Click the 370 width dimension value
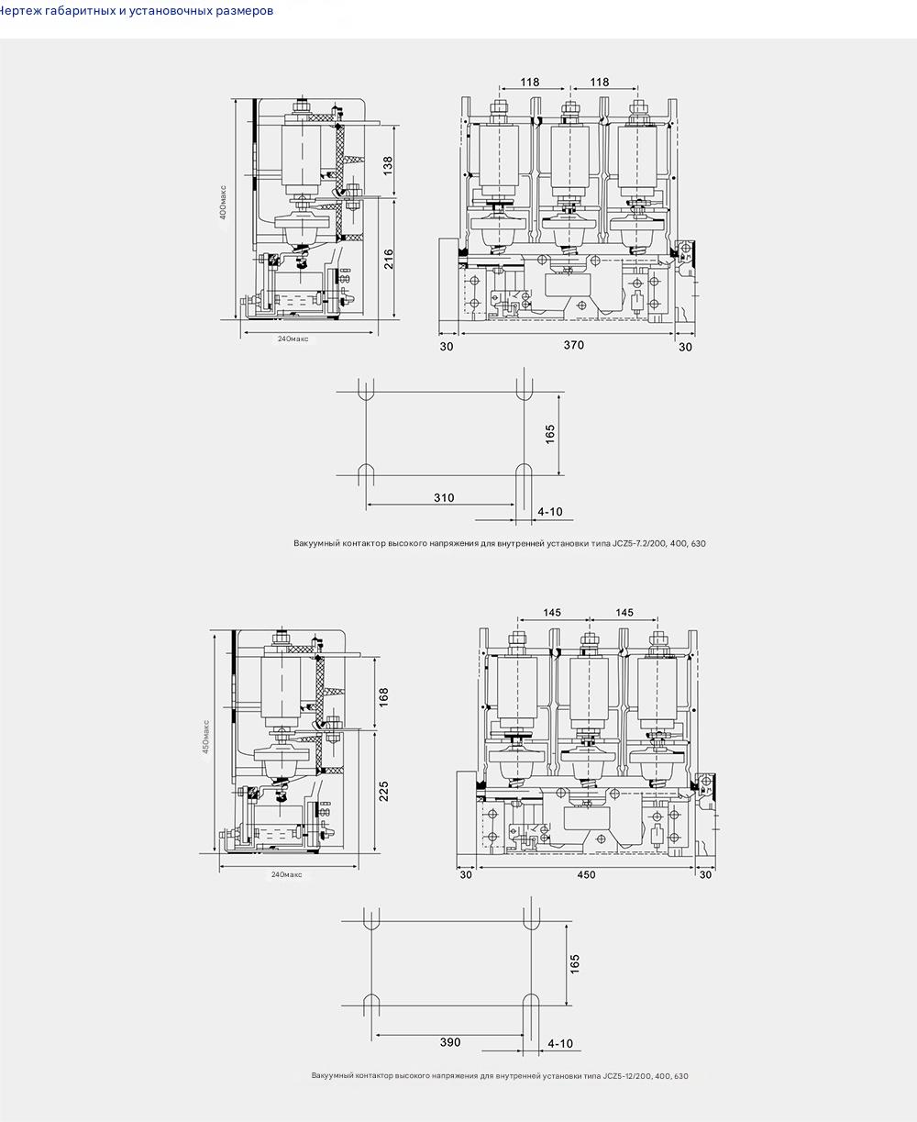(x=573, y=346)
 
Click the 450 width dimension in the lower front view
(x=586, y=874)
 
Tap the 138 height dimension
(x=388, y=166)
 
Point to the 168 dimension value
(x=383, y=696)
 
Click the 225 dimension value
(x=383, y=791)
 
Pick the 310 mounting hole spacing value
(x=444, y=498)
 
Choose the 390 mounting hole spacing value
(x=450, y=1042)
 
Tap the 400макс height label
(x=224, y=202)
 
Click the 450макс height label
(x=207, y=736)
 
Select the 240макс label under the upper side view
(x=293, y=339)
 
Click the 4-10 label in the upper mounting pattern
(x=550, y=512)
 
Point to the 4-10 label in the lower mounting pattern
(x=559, y=1044)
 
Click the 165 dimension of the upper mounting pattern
(x=550, y=434)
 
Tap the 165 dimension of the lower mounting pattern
(x=575, y=964)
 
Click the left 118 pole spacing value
(x=530, y=82)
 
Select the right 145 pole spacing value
(x=624, y=612)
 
